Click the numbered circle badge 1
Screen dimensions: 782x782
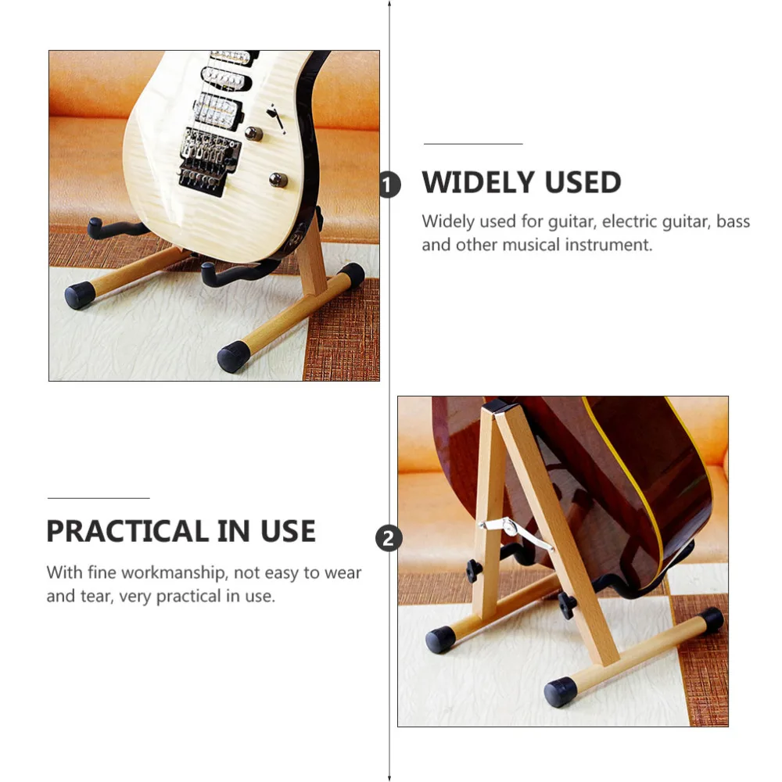[389, 185]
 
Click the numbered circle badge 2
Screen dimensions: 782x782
[389, 538]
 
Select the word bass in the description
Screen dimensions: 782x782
[733, 221]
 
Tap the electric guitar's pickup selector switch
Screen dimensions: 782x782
[275, 119]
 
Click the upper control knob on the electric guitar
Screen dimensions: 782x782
[254, 133]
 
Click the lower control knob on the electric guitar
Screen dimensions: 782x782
[278, 181]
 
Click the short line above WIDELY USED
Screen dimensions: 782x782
[473, 144]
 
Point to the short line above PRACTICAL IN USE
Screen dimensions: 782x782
[99, 498]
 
